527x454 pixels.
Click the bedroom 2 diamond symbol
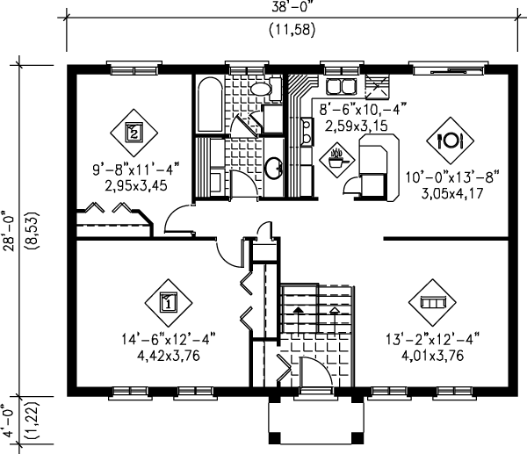pos(134,133)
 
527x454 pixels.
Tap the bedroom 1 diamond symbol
pos(169,303)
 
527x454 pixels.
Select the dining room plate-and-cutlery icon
pos(450,141)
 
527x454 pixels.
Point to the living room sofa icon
pos(432,302)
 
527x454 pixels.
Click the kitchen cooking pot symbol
pos(336,159)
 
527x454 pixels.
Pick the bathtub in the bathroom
pos(210,104)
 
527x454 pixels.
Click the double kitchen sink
pos(341,86)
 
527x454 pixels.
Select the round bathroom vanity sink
pos(274,168)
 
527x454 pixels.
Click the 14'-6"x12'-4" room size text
pos(168,340)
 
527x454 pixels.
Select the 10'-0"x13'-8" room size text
pos(452,177)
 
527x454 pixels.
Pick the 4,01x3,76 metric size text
pos(432,356)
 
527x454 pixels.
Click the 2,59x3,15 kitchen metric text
pos(357,126)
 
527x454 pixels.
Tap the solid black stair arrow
pos(298,321)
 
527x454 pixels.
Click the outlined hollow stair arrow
pos(334,321)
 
